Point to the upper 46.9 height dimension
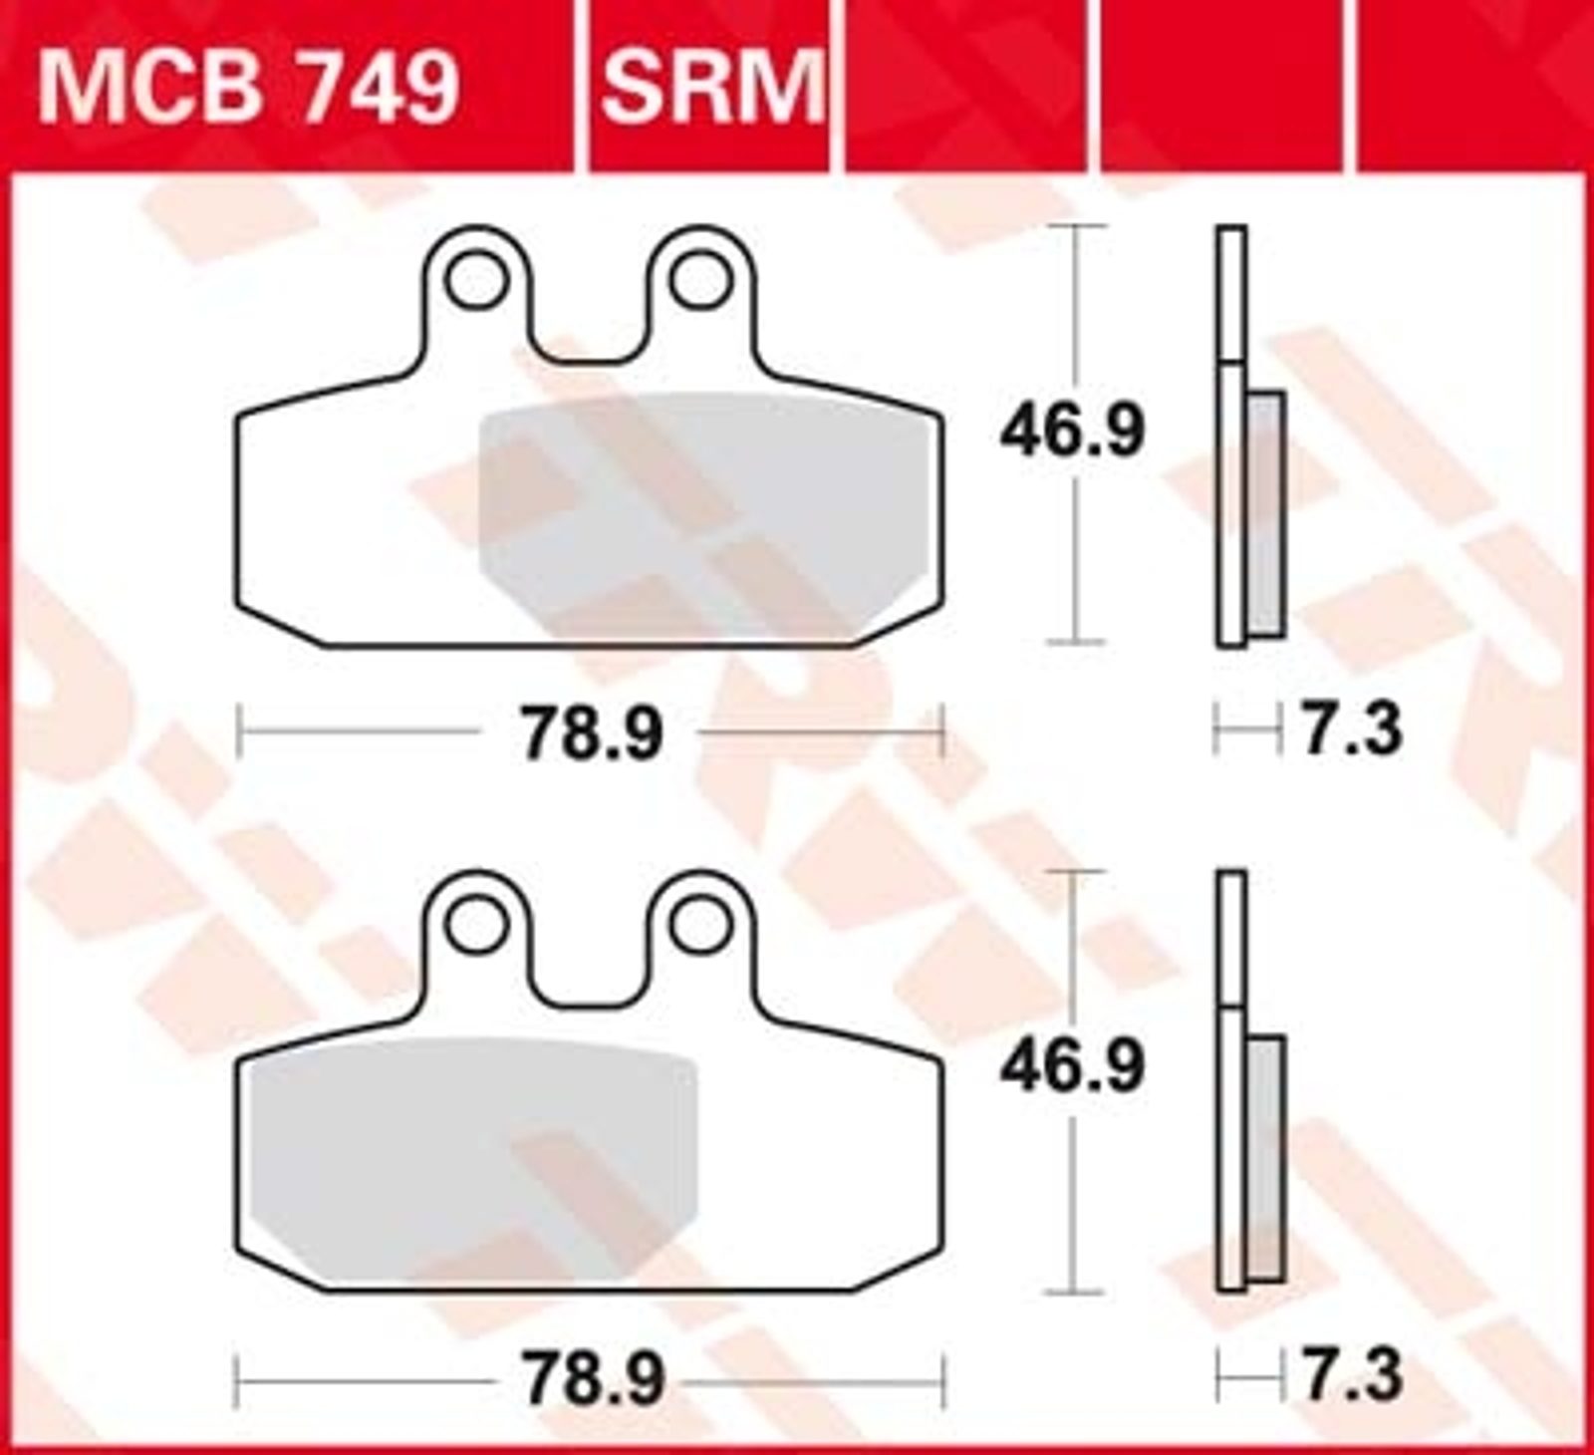click(1073, 431)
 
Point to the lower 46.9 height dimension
click(1073, 1068)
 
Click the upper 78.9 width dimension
click(593, 734)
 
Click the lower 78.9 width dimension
click(593, 1380)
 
